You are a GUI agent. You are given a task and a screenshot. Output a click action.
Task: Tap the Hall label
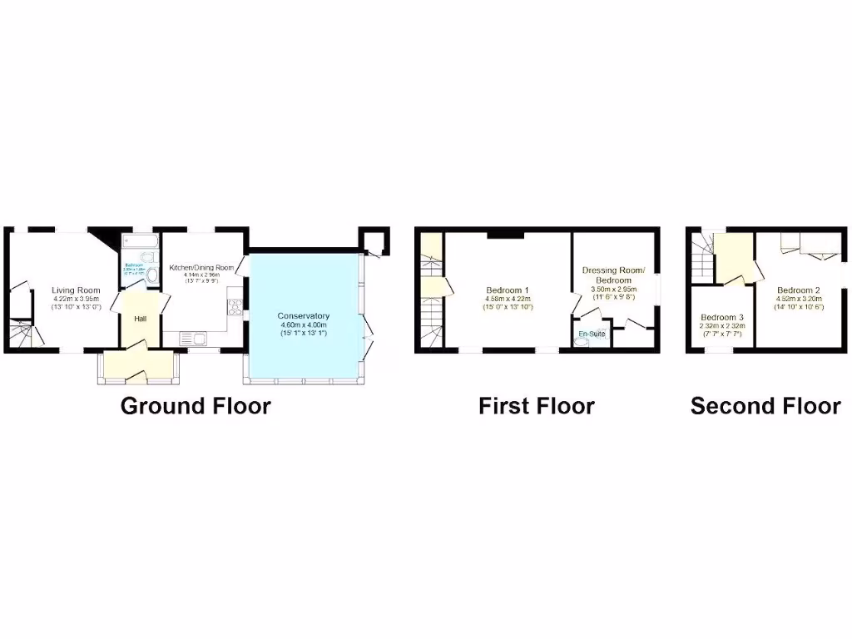pos(141,318)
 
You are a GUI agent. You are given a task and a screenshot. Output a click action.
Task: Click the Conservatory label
pos(304,316)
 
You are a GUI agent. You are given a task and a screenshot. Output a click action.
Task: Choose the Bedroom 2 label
pos(798,290)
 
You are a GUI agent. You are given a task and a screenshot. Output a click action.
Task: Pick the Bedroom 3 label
pos(721,318)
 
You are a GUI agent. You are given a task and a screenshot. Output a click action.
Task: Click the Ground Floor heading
pos(196,406)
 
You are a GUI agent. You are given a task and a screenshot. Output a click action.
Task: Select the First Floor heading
pos(536,406)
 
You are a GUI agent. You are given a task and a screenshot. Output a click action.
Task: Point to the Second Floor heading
pos(765,406)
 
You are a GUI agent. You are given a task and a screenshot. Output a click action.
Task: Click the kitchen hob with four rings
pos(235,306)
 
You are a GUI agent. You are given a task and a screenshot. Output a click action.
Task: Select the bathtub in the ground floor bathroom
pos(140,243)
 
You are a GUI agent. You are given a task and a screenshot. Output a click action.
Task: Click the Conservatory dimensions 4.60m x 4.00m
pos(304,325)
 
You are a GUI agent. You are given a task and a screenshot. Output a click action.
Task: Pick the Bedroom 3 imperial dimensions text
pos(721,334)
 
